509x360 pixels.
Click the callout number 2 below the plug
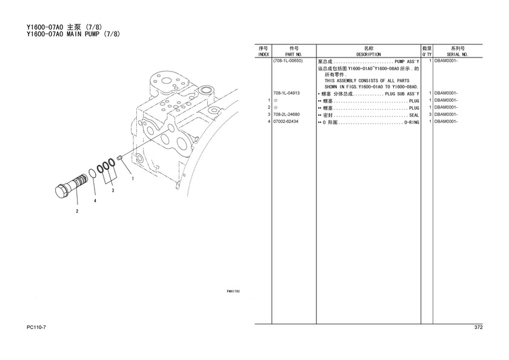[77, 212]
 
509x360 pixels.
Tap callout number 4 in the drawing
[95, 201]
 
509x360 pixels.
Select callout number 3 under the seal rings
[113, 190]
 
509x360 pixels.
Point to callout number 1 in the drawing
[133, 178]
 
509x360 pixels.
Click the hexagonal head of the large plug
[62, 192]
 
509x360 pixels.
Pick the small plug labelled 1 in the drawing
[119, 158]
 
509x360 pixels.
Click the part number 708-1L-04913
[286, 93]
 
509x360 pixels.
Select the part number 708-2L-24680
[286, 115]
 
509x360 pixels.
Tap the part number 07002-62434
[285, 122]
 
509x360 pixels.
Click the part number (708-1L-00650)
[288, 61]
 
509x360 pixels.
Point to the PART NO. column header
[294, 55]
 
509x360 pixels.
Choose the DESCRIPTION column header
[368, 55]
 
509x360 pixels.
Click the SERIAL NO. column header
[457, 55]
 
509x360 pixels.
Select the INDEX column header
[263, 55]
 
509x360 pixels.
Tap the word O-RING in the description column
[411, 122]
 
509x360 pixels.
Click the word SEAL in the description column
[414, 115]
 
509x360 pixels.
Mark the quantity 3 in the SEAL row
[430, 115]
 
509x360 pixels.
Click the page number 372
[479, 327]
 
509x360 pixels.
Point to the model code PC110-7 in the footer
[36, 327]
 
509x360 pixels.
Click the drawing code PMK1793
[233, 292]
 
